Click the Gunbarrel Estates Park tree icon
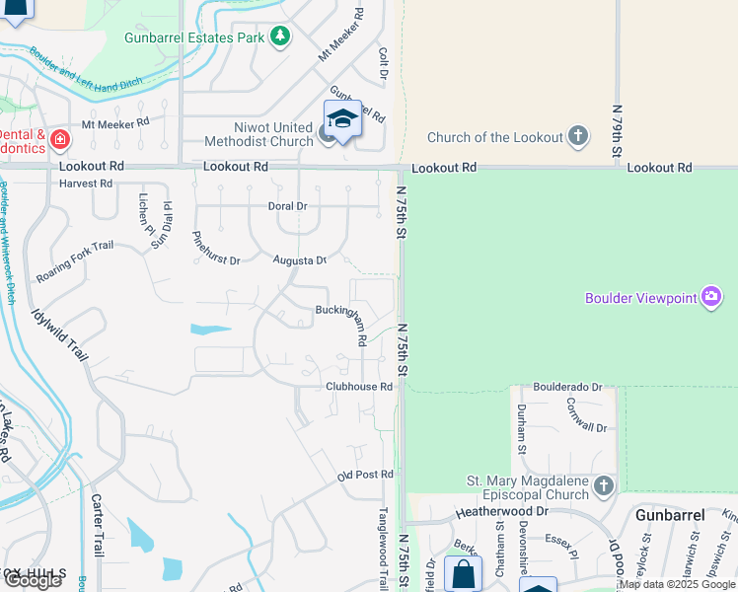pos(281,37)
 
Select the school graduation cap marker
pos(342,119)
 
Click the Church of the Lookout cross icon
pos(578,137)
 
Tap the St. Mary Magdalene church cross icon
pos(603,485)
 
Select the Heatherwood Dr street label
pos(500,512)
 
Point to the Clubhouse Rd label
pos(359,387)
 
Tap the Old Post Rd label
pos(365,476)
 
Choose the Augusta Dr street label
pos(300,260)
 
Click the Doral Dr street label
pos(288,206)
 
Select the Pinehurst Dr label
pos(215,248)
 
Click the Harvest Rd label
pos(86,184)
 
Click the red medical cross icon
pos(60,140)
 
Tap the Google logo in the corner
pos(33,580)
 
